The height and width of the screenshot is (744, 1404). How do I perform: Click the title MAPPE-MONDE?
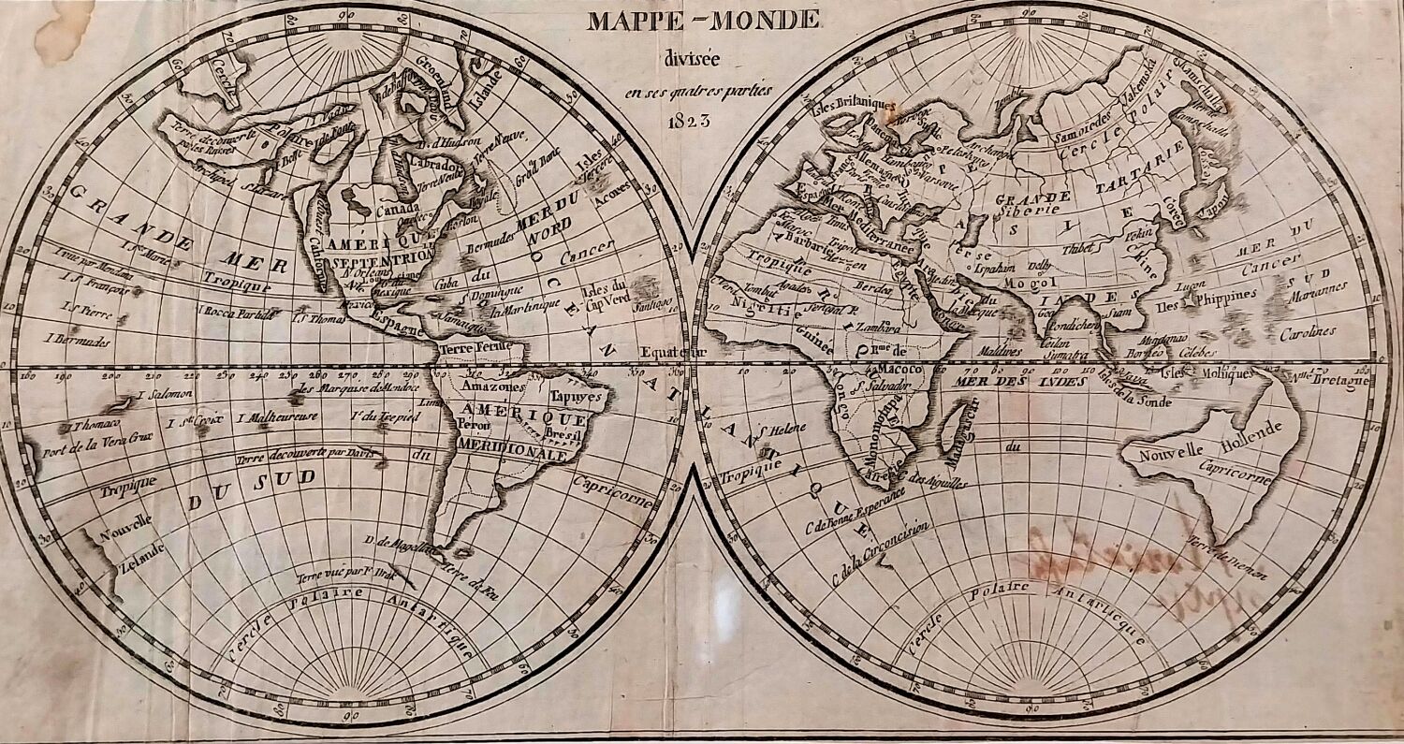pos(703,20)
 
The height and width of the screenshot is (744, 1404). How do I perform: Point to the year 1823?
pos(690,121)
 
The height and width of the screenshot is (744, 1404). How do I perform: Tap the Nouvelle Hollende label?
pos(1208,443)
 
